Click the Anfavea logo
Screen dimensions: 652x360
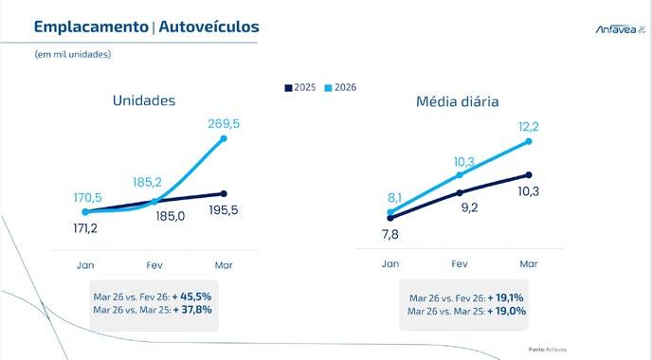pyautogui.click(x=621, y=29)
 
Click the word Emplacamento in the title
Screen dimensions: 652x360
pyautogui.click(x=91, y=27)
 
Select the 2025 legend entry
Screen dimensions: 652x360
pyautogui.click(x=300, y=88)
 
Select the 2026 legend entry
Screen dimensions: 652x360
pyautogui.click(x=340, y=88)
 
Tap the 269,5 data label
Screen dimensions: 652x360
pyautogui.click(x=224, y=124)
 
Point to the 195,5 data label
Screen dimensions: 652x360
pyautogui.click(x=224, y=210)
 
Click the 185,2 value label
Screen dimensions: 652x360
pyautogui.click(x=147, y=182)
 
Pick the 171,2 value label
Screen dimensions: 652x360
pyautogui.click(x=85, y=228)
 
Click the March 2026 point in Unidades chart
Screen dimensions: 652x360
pyautogui.click(x=224, y=138)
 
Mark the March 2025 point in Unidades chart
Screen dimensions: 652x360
pyautogui.click(x=224, y=193)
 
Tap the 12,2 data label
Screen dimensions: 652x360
pyautogui.click(x=529, y=126)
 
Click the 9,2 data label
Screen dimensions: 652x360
pyautogui.click(x=469, y=207)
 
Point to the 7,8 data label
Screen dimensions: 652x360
pyautogui.click(x=390, y=234)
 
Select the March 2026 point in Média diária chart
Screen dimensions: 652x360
pyautogui.click(x=529, y=141)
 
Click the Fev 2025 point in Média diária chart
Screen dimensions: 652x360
pyautogui.click(x=460, y=193)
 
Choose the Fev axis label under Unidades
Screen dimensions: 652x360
pyautogui.click(x=154, y=265)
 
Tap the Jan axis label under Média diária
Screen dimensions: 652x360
pyautogui.click(x=390, y=264)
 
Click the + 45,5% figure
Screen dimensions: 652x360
pyautogui.click(x=191, y=297)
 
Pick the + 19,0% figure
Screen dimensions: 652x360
pyautogui.click(x=507, y=311)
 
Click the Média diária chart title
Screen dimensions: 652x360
pyautogui.click(x=458, y=101)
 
